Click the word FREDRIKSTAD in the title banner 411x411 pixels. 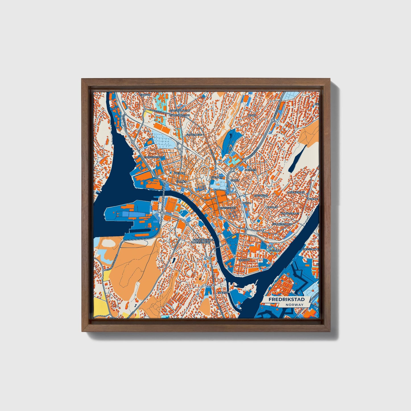tap(284, 299)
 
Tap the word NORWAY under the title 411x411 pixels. tap(295, 305)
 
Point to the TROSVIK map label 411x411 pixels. tap(145, 94)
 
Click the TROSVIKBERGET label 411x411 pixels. tap(154, 157)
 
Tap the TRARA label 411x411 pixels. tap(252, 115)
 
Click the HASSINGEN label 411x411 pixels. tap(261, 196)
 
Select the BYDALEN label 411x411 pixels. tap(272, 207)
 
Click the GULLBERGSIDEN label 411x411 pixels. tap(282, 224)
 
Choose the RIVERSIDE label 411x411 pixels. tap(274, 250)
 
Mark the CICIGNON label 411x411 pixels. tap(244, 260)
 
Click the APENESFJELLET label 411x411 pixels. tap(227, 208)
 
